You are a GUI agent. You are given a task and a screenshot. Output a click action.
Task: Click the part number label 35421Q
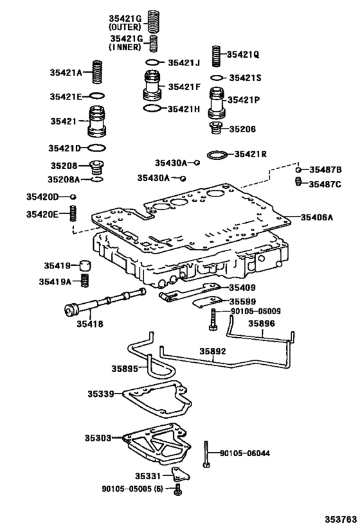click(x=243, y=55)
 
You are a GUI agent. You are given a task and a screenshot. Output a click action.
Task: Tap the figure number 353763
click(x=340, y=519)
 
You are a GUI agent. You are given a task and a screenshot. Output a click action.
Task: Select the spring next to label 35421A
click(x=97, y=73)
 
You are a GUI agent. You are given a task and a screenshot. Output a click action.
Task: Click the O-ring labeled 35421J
click(x=152, y=62)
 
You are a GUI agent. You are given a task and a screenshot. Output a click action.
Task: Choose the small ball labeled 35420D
click(x=73, y=197)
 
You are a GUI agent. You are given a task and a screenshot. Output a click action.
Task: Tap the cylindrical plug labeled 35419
click(x=85, y=265)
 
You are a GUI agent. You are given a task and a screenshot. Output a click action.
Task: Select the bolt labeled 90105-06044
click(x=206, y=454)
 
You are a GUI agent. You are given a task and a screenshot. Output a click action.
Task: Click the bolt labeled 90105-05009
click(x=212, y=319)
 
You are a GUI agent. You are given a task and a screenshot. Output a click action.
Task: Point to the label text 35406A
click(x=317, y=217)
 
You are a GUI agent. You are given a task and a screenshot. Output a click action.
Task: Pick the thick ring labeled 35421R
click(x=217, y=155)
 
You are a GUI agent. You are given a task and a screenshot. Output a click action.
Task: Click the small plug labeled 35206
click(x=215, y=128)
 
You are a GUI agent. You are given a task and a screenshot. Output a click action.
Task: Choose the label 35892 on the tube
click(x=213, y=351)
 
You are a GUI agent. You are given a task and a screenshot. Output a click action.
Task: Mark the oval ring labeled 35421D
click(x=96, y=148)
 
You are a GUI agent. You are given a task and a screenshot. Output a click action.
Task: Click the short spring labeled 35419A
click(x=85, y=281)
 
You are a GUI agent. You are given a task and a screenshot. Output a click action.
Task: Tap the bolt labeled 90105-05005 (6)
click(x=177, y=490)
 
